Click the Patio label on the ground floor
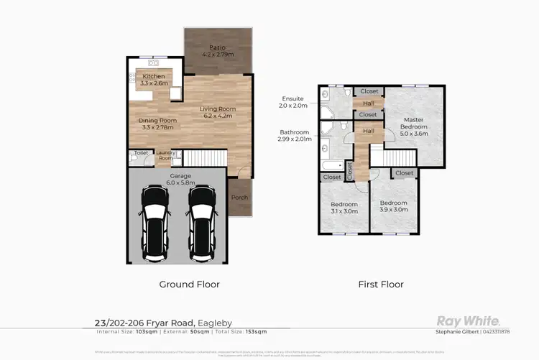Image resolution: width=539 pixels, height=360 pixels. tap(217, 47)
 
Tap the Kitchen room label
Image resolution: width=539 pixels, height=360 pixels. tap(154, 76)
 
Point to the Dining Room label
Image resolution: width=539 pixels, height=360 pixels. tap(157, 121)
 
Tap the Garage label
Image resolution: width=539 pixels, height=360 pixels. tap(180, 175)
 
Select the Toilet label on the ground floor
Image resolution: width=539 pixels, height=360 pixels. tap(140, 153)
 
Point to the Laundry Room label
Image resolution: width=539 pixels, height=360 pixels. tap(165, 155)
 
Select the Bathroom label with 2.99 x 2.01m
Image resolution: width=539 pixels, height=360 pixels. tap(295, 132)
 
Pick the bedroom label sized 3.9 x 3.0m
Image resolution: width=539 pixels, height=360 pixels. tap(394, 203)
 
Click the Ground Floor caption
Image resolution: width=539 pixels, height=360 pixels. tap(189, 284)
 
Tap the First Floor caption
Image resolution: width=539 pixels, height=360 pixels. tap(381, 284)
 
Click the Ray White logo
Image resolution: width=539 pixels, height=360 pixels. tap(469, 320)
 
